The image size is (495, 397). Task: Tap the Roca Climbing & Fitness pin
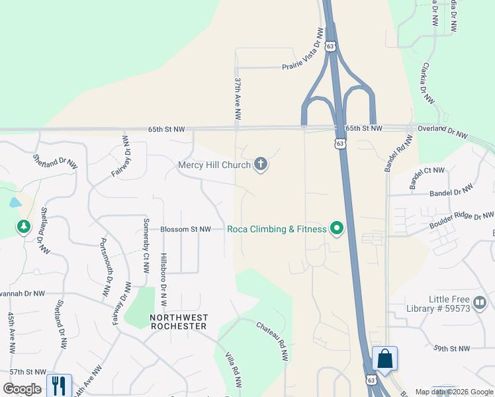337,229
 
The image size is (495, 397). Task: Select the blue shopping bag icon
384,359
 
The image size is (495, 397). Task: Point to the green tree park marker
24,227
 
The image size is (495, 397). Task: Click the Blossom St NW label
185,229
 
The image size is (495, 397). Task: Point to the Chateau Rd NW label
273,341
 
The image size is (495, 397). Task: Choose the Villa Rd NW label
232,370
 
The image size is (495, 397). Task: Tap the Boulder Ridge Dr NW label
461,221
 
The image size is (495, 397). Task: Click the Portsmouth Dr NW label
105,267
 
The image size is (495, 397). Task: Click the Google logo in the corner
22,389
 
